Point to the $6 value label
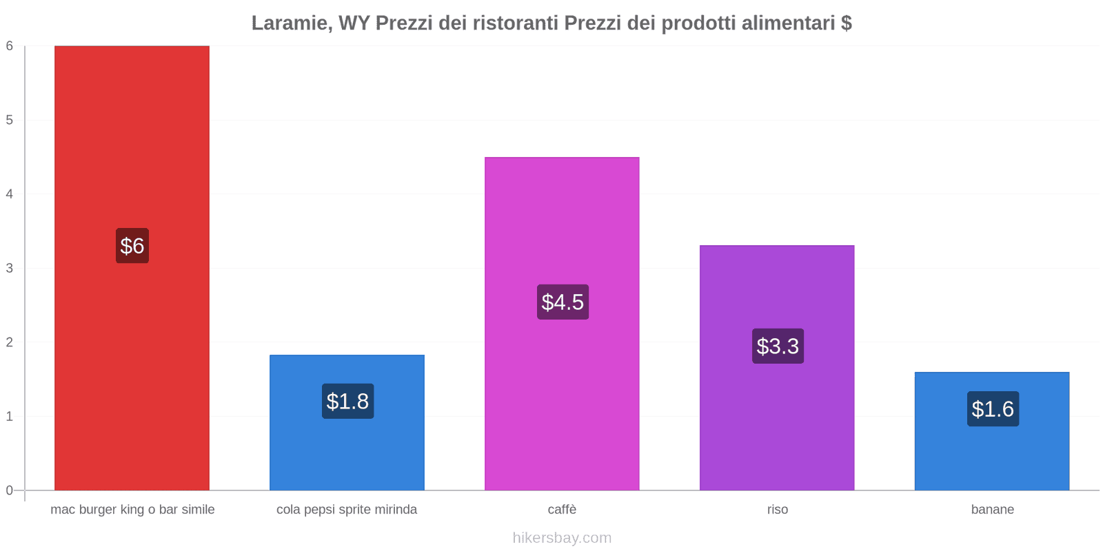[132, 246]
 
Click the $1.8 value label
[347, 402]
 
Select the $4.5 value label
[563, 302]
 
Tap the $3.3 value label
[778, 346]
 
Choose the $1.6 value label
[993, 409]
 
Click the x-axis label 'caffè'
[562, 510]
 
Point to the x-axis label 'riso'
[777, 510]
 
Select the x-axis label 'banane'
[992, 510]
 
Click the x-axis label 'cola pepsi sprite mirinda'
[347, 510]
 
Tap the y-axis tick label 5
[10, 121]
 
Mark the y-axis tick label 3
[10, 269]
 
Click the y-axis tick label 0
[10, 490]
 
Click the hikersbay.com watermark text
[562, 538]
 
